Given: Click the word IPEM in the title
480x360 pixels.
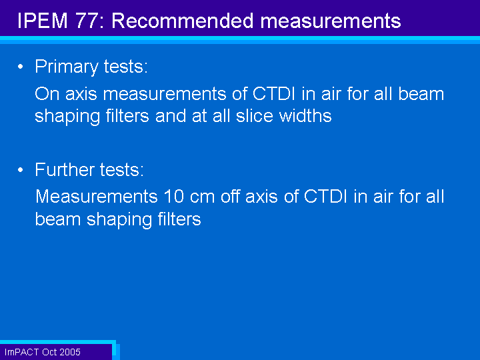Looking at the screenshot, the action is point(42,21).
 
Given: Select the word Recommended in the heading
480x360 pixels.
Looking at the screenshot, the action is point(183,21).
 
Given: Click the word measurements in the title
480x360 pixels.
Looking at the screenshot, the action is point(331,21).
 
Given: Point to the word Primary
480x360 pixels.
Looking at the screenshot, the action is point(66,67).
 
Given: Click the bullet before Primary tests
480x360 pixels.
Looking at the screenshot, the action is point(21,67).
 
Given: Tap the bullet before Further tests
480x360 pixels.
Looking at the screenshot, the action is point(21,169).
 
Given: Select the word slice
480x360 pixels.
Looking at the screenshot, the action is point(254,116).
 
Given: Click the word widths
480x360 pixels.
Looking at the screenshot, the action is point(305,116).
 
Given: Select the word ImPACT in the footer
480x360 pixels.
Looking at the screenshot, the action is point(22,352).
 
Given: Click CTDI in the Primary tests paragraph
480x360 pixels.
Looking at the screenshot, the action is point(274,94).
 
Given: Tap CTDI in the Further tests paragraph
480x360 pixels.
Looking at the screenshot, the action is point(325,196).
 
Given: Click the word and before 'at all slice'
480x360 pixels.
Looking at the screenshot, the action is point(170,116).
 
